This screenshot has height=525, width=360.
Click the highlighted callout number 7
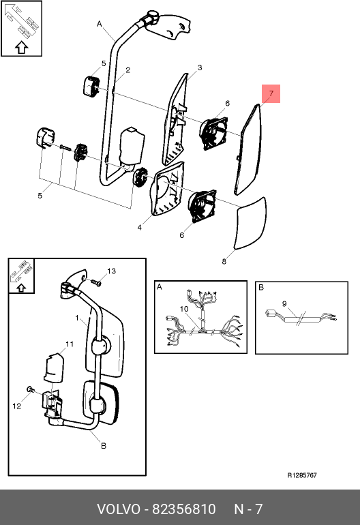coord(271,93)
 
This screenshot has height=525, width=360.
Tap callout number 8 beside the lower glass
coord(224,262)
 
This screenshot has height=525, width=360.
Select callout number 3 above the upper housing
coord(200,67)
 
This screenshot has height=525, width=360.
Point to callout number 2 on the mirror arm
coord(128,70)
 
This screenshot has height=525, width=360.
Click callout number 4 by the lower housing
coord(139,228)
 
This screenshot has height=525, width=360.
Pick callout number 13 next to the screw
coord(112,271)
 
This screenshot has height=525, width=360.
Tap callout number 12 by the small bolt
coord(17,406)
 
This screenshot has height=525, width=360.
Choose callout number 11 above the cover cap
coord(70,344)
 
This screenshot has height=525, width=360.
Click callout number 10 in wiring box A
coord(184,309)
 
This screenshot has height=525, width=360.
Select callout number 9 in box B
coord(284,303)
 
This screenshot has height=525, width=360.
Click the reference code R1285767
coord(302,475)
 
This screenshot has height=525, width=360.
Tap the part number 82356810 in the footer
coord(184,509)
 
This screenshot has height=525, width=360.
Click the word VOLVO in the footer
coord(119,509)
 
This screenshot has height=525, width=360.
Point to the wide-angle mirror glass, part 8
coord(251,224)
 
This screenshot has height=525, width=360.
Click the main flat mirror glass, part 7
coord(248,150)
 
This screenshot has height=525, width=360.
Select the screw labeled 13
coord(96,283)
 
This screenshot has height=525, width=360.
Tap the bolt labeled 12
coord(30,389)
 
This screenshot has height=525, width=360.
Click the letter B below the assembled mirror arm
coord(104,446)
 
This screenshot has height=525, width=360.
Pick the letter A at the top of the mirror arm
coord(99,24)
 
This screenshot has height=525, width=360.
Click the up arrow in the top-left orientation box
coord(21,48)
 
